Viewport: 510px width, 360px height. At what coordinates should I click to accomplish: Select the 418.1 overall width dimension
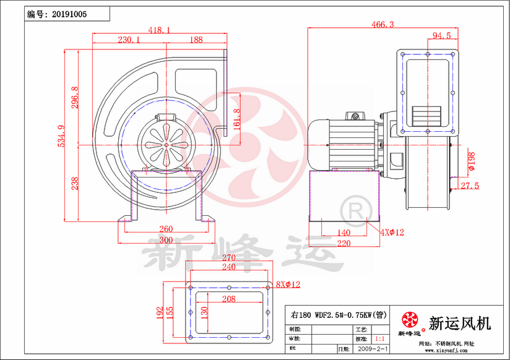click(x=160, y=29)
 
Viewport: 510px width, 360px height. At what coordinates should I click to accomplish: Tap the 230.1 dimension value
click(x=129, y=40)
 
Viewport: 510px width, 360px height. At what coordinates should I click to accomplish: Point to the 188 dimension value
click(x=196, y=40)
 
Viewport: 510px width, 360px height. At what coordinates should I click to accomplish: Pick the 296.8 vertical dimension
click(x=75, y=98)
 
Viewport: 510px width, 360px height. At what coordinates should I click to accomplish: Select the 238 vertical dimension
click(x=75, y=183)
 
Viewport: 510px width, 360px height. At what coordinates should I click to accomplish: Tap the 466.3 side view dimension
click(x=382, y=24)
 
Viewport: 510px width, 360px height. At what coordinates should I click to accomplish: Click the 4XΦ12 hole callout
click(x=392, y=233)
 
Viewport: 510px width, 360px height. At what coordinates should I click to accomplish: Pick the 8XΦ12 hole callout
click(x=288, y=285)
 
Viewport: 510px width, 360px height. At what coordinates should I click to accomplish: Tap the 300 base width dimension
click(x=165, y=239)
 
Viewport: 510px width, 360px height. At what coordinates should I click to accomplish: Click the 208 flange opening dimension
click(x=228, y=299)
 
